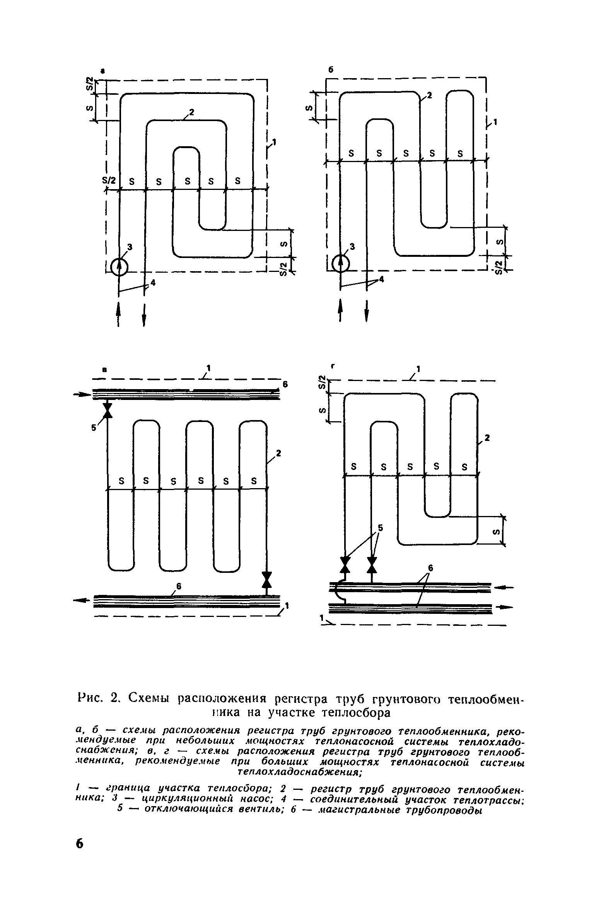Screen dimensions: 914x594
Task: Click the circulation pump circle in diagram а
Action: point(119,267)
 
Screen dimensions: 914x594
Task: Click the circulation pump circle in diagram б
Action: point(341,264)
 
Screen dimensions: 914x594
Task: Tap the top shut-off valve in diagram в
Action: point(108,410)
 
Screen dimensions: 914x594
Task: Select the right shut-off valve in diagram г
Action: point(372,564)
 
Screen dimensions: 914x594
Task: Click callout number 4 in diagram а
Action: point(153,283)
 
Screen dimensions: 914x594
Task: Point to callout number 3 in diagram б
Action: point(352,246)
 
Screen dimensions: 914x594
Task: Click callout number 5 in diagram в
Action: point(93,428)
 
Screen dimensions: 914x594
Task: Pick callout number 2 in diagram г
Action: point(487,438)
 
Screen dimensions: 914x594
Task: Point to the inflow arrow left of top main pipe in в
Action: point(82,395)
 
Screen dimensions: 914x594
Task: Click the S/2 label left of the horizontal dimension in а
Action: point(109,180)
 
